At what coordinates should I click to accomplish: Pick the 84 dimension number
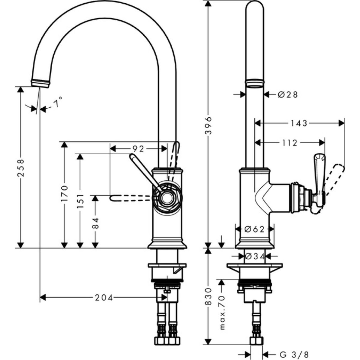point(95,222)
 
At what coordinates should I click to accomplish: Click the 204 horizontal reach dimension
point(104,297)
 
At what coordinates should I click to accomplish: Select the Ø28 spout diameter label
point(288,94)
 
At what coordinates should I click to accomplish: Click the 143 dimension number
point(299,123)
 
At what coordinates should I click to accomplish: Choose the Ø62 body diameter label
point(254,229)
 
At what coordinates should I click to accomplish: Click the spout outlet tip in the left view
point(40,83)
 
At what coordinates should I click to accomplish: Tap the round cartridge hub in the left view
point(166,198)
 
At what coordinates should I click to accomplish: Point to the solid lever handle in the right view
point(318,168)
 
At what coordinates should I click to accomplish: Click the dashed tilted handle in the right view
point(334,177)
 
